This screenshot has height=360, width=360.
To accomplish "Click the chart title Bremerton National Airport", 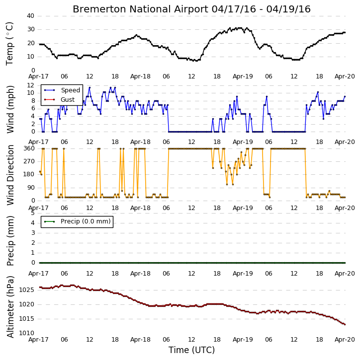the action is (x=140, y=9).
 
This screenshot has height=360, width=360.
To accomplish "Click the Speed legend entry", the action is (x=62, y=90).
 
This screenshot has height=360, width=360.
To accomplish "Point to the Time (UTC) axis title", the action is (x=191, y=350).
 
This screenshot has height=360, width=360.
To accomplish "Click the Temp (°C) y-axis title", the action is (x=9, y=44).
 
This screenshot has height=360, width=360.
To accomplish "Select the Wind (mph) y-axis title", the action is (x=10, y=110).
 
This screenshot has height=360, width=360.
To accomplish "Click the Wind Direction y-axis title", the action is (x=10, y=175).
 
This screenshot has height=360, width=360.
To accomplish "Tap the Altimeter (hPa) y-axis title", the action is (x=10, y=307).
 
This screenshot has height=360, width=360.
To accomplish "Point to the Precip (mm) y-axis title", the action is (x=10, y=241).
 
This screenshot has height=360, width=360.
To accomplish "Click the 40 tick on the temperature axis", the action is (x=30, y=16).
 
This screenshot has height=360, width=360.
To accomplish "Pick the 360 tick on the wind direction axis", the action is (x=29, y=148).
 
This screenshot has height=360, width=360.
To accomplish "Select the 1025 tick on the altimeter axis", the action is (x=27, y=290).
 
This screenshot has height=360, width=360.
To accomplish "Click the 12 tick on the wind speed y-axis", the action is (x=30, y=85).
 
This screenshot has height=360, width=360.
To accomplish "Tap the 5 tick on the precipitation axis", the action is (x=33, y=214).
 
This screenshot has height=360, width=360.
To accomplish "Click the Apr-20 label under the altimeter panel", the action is (x=345, y=340).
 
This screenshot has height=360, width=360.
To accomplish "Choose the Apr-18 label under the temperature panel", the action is (x=140, y=76).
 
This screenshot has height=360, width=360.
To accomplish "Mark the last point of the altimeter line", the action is (x=345, y=324).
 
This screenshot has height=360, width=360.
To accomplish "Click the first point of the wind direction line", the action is (x=40, y=171).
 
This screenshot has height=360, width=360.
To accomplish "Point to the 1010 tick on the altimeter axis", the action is (x=27, y=333).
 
